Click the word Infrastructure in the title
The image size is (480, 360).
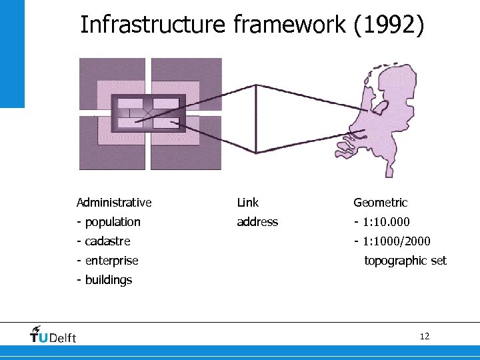tap(153, 25)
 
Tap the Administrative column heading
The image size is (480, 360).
tap(114, 203)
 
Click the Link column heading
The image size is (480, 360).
tap(247, 203)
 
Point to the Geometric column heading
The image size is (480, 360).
tap(380, 203)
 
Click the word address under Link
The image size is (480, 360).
tap(257, 222)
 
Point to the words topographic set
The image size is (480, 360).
tap(405, 261)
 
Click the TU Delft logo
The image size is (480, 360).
tap(53, 335)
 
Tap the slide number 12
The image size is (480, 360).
tap(425, 336)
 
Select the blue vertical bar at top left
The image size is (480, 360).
tap(12, 53)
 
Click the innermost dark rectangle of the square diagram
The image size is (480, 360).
tap(148, 113)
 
